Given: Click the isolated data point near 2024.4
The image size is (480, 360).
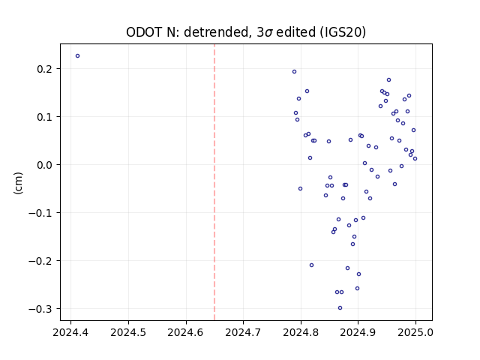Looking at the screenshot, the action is click(x=77, y=56).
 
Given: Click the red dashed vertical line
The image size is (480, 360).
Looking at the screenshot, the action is click(x=214, y=182).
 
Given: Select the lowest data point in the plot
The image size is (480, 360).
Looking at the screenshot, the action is click(x=340, y=308).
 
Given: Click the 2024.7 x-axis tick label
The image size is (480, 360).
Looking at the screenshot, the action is click(x=243, y=332).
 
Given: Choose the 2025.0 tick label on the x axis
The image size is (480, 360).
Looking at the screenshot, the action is click(x=415, y=332).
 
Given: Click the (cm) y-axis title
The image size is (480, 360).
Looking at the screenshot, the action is click(x=18, y=183).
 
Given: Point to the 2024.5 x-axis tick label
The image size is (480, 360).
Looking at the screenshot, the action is click(x=128, y=332).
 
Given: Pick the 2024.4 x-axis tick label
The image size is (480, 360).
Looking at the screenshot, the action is click(x=70, y=332).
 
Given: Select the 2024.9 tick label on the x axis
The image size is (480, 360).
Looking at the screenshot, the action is click(x=358, y=332).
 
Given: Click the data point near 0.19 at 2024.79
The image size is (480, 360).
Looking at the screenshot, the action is click(x=294, y=72).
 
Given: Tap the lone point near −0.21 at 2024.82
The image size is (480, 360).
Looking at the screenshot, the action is click(x=312, y=265).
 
